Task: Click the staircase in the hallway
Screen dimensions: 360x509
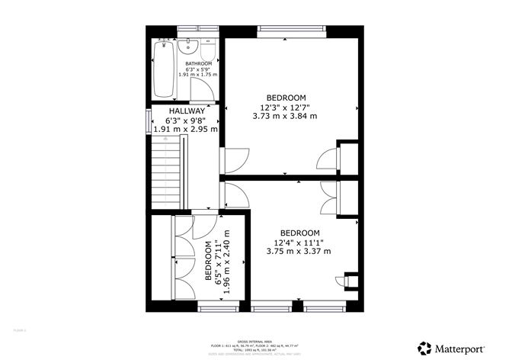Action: [x=167, y=175]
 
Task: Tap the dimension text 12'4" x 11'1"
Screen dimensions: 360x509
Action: [x=299, y=243]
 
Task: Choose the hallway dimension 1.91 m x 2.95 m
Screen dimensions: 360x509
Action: [x=185, y=129]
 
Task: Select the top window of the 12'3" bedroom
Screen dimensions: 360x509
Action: [x=289, y=31]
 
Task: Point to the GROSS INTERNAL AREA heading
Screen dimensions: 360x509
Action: [x=254, y=341]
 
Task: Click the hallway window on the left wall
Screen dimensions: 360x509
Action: [x=148, y=121]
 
